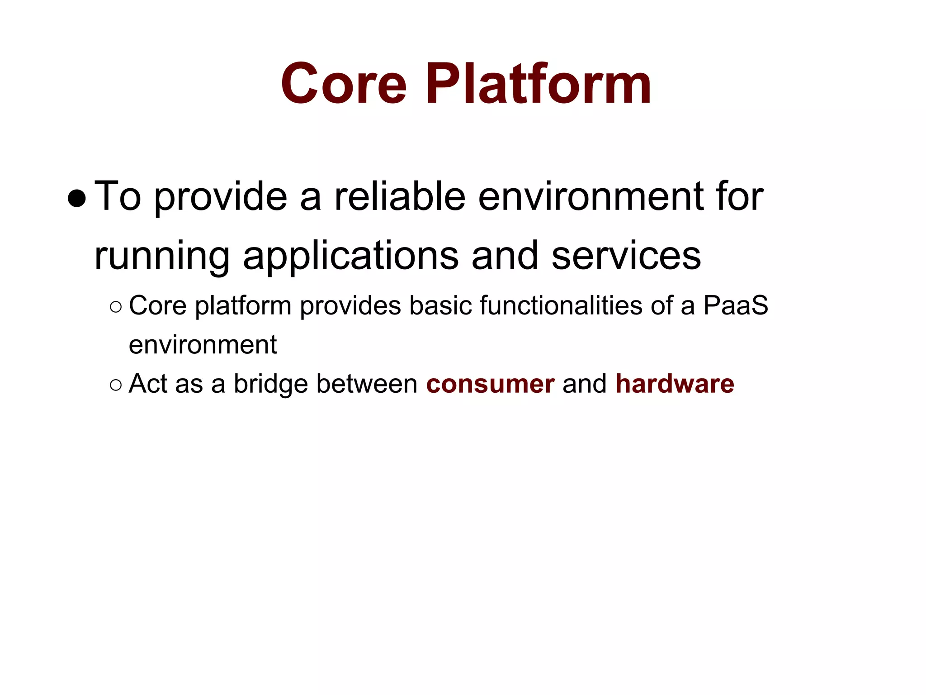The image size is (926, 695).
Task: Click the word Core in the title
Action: [344, 85]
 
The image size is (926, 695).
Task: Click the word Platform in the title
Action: [538, 85]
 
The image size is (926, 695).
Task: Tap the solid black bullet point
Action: [76, 198]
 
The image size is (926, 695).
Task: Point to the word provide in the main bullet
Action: [221, 198]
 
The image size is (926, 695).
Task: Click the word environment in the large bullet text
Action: [591, 197]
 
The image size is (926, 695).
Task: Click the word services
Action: [626, 256]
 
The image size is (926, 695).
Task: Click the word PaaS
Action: [736, 305]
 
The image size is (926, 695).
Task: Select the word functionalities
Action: [561, 305]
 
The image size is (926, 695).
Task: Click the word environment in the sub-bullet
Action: [203, 345]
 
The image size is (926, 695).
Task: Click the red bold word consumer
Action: [490, 384]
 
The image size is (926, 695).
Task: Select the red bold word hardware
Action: [675, 384]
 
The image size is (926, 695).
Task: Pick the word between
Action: [367, 384]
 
